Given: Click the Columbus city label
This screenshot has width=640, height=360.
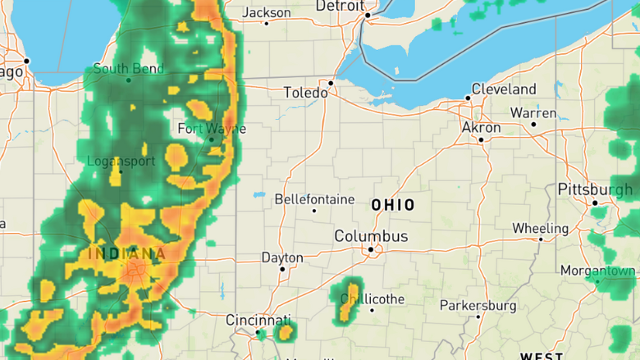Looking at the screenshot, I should (x=371, y=236).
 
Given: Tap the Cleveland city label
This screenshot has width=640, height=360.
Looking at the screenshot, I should (x=504, y=89).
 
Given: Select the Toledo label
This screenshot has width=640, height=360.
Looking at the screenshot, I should (x=305, y=93).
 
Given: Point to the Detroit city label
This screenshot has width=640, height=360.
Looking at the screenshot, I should (x=340, y=6).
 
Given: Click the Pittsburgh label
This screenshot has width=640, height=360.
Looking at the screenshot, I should (x=595, y=189).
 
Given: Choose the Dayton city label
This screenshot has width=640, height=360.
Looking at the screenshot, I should (x=282, y=257).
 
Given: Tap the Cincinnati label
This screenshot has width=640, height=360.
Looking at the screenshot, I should (x=258, y=320).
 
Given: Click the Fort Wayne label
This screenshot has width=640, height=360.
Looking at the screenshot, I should (x=212, y=129).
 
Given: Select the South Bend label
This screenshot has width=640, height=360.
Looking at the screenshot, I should (x=128, y=69).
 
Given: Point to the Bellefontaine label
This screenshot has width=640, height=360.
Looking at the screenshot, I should (x=314, y=199).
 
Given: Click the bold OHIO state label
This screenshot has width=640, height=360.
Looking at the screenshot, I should (x=393, y=205).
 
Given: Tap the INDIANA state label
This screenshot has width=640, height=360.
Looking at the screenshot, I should (x=127, y=253).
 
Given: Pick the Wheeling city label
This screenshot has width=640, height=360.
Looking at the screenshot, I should (x=540, y=228).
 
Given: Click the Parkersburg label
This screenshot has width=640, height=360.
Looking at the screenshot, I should (x=478, y=306).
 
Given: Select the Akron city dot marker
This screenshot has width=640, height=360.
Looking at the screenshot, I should (x=481, y=139).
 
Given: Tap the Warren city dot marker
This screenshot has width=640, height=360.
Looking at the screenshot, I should (x=533, y=125).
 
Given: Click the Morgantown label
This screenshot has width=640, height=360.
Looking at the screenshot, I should (x=598, y=271).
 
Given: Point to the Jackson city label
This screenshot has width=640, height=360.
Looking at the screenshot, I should (x=267, y=13).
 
